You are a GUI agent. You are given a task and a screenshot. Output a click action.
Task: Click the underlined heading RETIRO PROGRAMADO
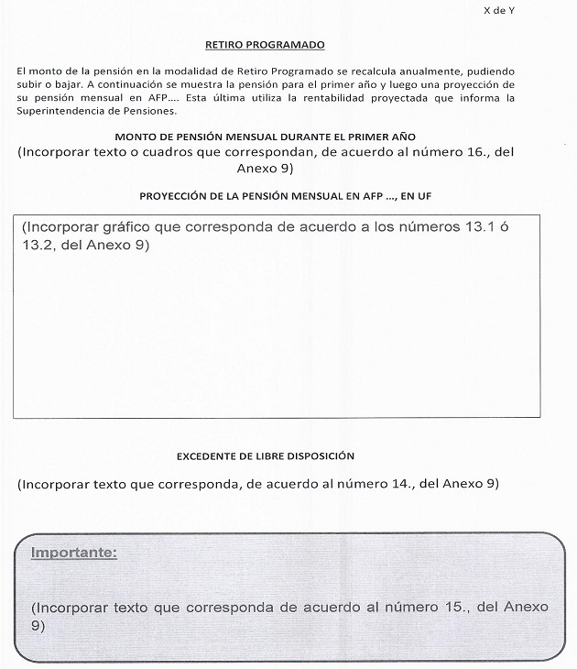coord(265,44)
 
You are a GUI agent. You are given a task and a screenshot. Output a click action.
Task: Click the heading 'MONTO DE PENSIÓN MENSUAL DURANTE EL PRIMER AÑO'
coord(265,136)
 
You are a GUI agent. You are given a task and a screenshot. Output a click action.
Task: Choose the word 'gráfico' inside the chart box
coord(123,227)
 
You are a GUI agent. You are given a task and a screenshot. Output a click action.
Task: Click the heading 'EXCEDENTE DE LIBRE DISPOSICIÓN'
coord(265,455)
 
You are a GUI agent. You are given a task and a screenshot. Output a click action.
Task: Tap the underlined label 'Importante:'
coord(73,554)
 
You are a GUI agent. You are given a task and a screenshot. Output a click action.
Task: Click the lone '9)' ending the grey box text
coord(38,626)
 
